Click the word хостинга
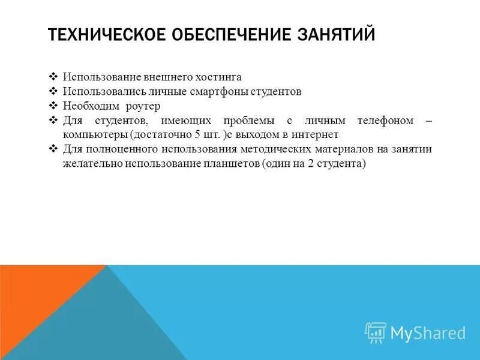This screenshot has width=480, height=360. [x=220, y=77]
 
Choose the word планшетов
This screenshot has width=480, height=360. [x=230, y=164]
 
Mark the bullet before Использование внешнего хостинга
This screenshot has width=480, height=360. [x=52, y=77]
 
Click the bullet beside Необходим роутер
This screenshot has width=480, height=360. [x=52, y=106]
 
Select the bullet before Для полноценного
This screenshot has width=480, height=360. [x=52, y=149]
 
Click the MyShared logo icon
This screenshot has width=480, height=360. [x=376, y=332]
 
